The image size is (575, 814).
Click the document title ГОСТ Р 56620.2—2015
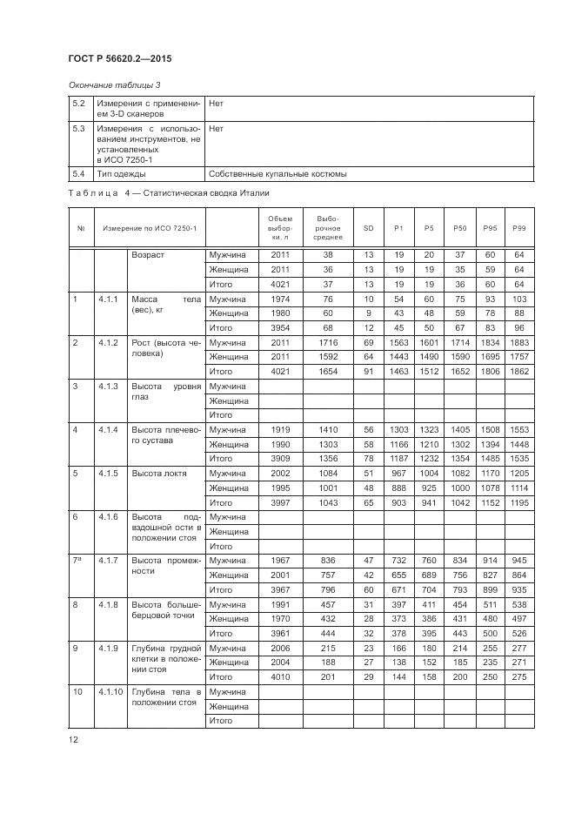point(118,58)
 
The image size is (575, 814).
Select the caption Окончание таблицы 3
point(114,84)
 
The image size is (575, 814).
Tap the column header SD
point(368,227)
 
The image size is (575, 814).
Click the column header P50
point(459,227)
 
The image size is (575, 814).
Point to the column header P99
point(519,227)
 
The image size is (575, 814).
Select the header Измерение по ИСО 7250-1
point(150,227)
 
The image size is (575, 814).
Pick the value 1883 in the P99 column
point(519,342)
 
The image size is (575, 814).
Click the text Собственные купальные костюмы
point(277,173)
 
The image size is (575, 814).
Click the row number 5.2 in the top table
point(79,103)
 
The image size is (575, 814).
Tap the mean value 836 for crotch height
point(328,560)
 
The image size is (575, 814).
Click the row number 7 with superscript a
point(77,560)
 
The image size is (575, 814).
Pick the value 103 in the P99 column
point(519,299)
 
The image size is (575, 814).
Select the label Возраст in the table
point(148,255)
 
